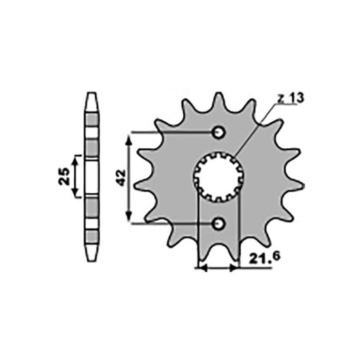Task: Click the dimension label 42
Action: click(121, 177)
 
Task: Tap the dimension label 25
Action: click(63, 176)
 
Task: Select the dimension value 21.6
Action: click(264, 257)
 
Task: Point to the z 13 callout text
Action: click(290, 98)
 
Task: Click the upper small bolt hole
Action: click(218, 132)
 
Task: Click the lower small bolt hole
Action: click(218, 223)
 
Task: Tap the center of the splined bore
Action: click(218, 177)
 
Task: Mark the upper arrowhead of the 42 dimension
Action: click(129, 139)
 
